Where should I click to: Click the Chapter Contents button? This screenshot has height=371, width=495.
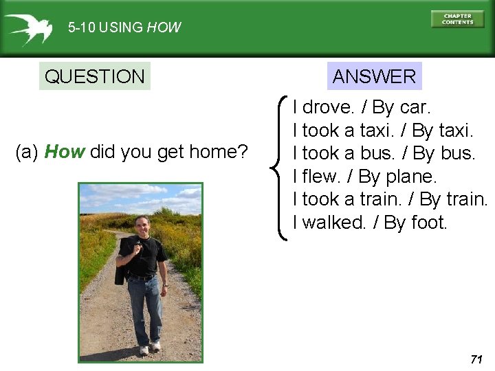tap(457, 19)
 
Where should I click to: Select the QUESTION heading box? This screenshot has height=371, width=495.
tap(94, 76)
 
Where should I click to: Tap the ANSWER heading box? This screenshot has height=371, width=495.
tap(374, 76)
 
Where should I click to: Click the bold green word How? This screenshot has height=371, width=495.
tap(64, 152)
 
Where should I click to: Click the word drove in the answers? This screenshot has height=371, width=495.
tap(329, 107)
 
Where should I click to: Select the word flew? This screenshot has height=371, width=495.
tap(321, 177)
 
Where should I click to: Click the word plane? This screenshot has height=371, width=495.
tap(410, 177)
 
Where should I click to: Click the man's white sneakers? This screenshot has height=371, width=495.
tap(150, 348)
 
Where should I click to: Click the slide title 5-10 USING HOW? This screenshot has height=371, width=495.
tap(124, 28)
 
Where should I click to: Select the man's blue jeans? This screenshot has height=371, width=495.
tap(146, 306)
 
